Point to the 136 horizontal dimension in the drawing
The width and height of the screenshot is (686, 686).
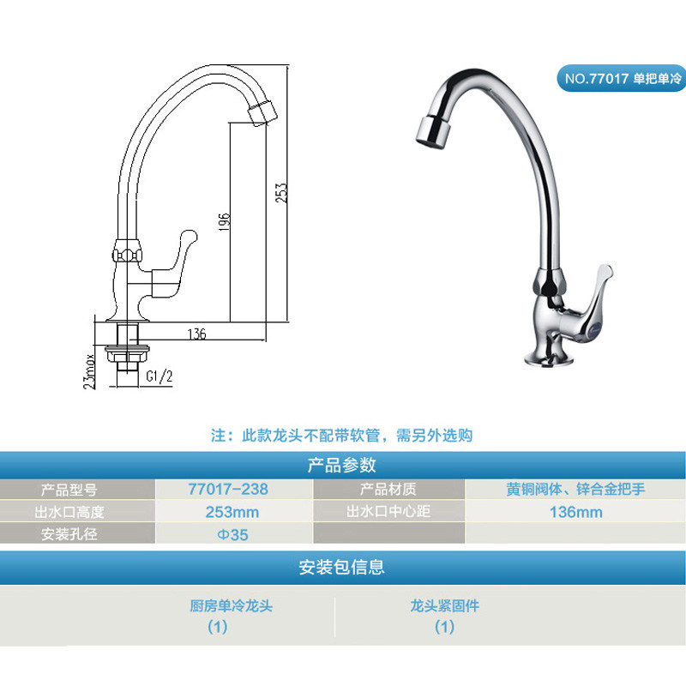coord(196,335)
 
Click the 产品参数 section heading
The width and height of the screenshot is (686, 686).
coord(342,466)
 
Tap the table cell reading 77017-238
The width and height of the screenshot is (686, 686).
coord(228,490)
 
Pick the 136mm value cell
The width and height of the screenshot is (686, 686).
coord(575,512)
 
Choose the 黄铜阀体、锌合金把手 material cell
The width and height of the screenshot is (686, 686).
coord(575,490)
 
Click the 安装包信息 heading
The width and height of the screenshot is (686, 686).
coord(342,567)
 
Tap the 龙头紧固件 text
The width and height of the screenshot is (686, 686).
coord(444,606)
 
